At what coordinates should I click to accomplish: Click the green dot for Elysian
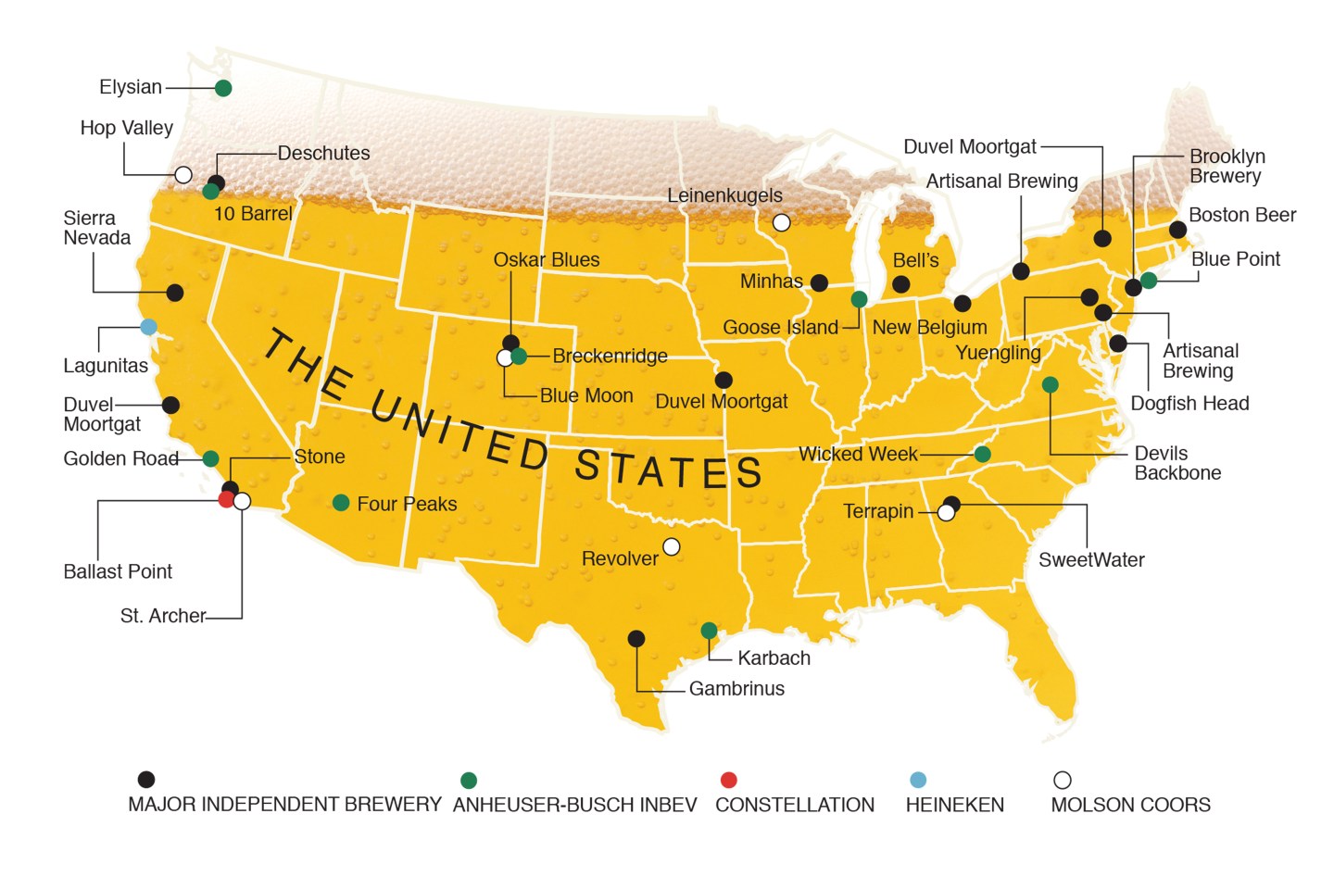pos(223,88)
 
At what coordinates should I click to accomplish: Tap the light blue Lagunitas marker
pos(148,326)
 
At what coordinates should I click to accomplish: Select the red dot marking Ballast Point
pos(226,500)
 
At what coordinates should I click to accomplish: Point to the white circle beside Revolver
pos(672,546)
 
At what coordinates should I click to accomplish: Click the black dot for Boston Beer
pos(1177,229)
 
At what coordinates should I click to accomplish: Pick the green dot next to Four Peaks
pos(341,503)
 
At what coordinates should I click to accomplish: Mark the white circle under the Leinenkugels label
pos(782,222)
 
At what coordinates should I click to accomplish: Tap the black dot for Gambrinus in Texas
pos(636,638)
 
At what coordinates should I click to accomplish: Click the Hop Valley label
pos(126,128)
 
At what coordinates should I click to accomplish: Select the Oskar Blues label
pos(547,260)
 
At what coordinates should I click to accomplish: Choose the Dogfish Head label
pos(1189,404)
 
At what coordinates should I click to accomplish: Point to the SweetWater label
pos(1091,560)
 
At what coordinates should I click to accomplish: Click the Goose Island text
pos(780,328)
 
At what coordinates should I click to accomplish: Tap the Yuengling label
pos(998,353)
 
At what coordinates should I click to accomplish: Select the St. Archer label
pos(163,616)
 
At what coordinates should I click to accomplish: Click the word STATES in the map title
pos(668,470)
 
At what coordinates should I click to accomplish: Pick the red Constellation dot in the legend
pos(729,780)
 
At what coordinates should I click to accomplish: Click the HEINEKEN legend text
pos(954,806)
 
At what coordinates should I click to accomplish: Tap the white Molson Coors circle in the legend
pos(1063,780)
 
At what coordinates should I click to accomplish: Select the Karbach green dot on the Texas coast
pos(709,631)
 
